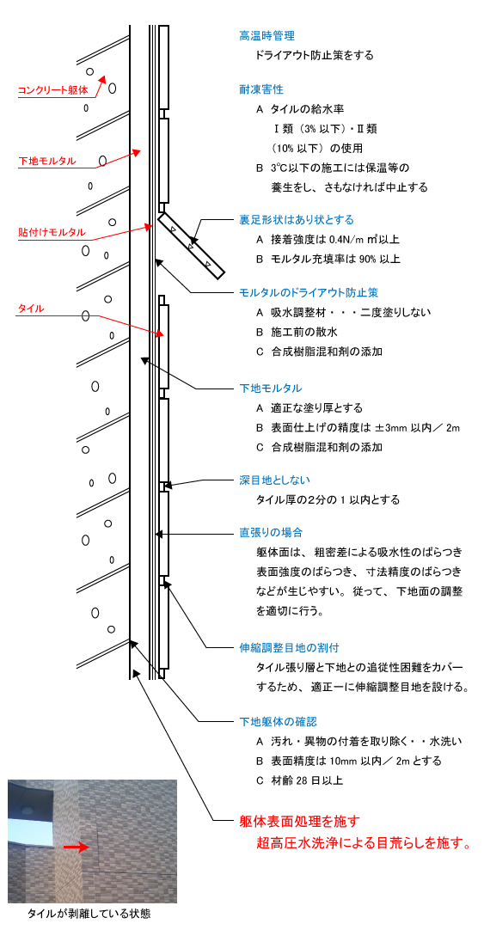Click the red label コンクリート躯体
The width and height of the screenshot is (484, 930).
click(52, 91)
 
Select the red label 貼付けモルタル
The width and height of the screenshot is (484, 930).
click(52, 232)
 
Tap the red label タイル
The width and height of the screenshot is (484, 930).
click(32, 309)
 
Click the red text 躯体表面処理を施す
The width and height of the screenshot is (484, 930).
click(300, 821)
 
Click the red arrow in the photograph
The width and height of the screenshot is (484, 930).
click(76, 847)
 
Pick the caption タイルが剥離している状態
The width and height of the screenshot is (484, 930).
click(89, 914)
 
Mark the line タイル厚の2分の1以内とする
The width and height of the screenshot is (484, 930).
click(328, 499)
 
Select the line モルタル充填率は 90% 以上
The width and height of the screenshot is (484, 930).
click(328, 260)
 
